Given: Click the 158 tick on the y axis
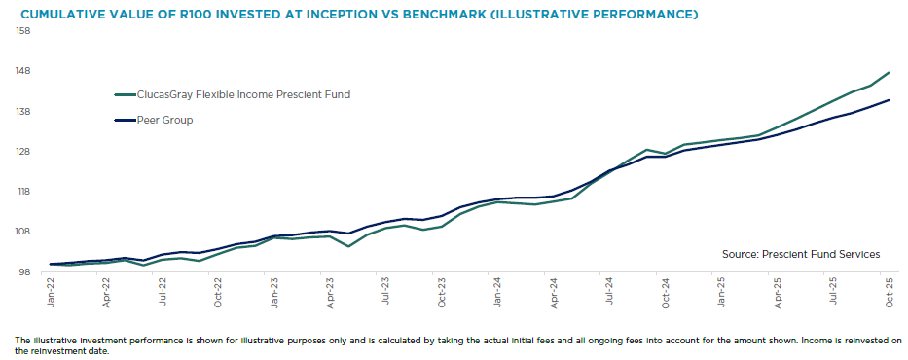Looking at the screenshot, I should pos(24,31).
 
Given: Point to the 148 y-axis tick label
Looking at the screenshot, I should pos(24,71).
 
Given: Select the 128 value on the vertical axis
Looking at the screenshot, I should pos(24,152).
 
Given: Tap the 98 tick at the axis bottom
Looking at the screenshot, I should pos(26,272).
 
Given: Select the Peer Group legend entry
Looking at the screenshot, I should pos(164,121).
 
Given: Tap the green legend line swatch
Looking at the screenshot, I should pos(125,95).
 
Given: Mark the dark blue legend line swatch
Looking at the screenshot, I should pos(125,121).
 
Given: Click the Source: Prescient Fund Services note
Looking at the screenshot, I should pos(801,254).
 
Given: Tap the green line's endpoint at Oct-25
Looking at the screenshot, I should pos(890,72).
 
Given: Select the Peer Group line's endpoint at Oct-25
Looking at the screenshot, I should pos(890,100).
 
